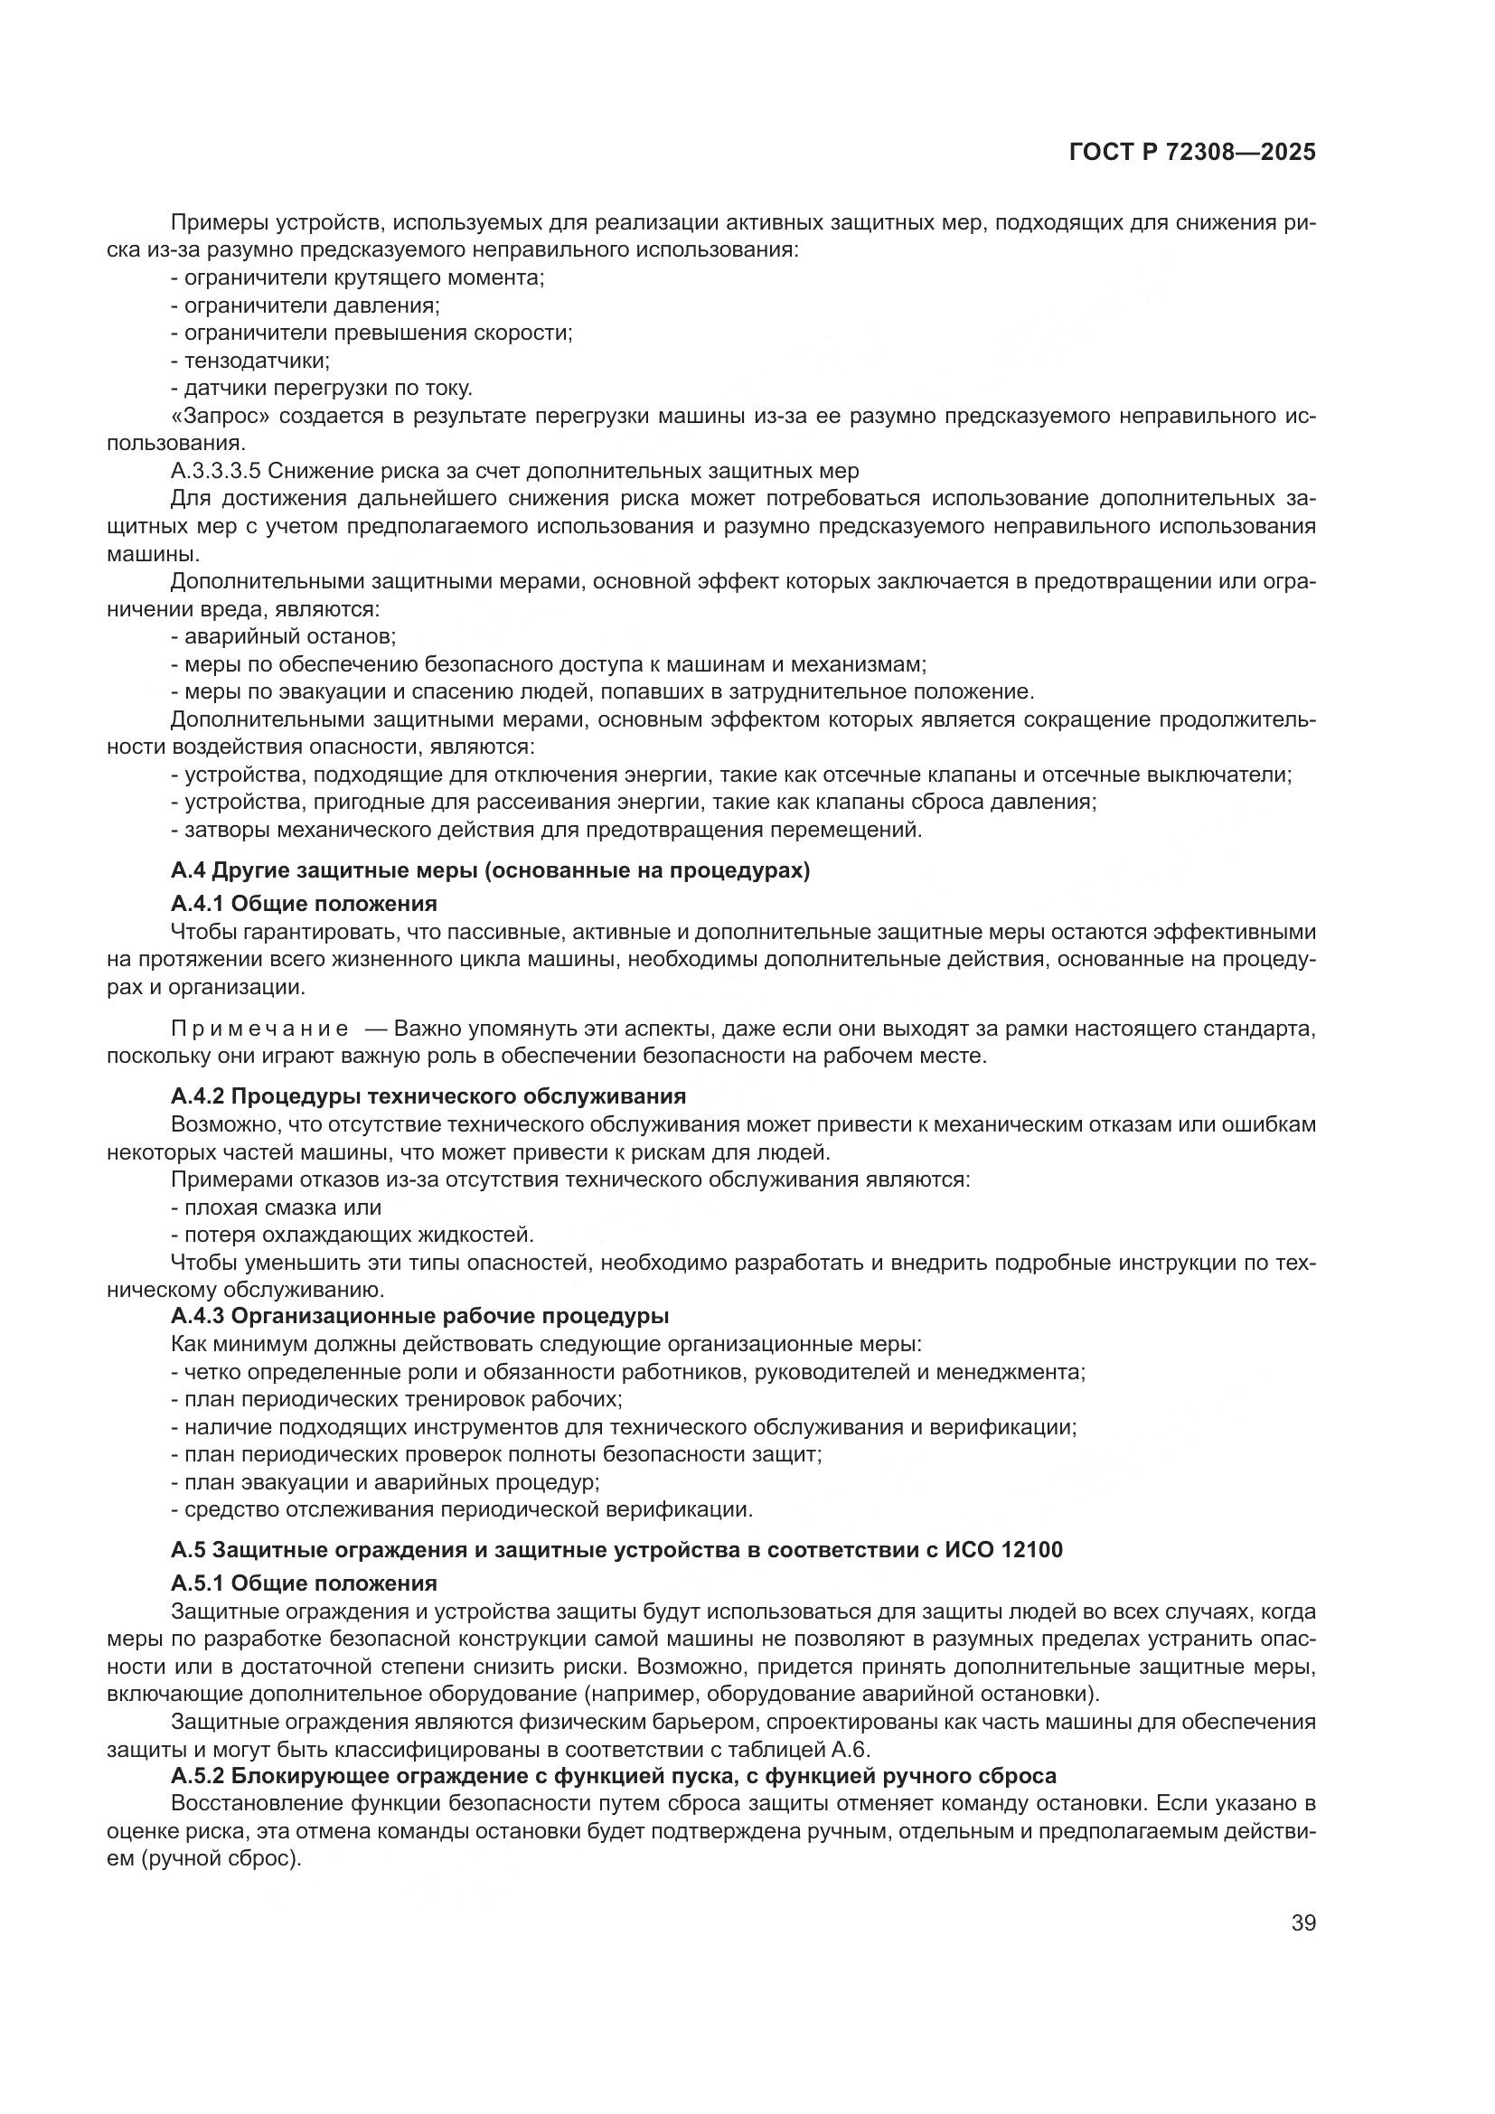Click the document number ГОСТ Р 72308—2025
1192,153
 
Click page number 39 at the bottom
1303,1923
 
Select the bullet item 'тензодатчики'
250,361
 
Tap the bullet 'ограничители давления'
306,305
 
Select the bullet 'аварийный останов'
284,636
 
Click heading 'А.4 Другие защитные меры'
490,871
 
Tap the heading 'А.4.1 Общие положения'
304,902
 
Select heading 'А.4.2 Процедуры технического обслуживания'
428,1096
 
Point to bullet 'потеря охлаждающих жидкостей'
353,1235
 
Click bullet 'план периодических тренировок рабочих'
397,1399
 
